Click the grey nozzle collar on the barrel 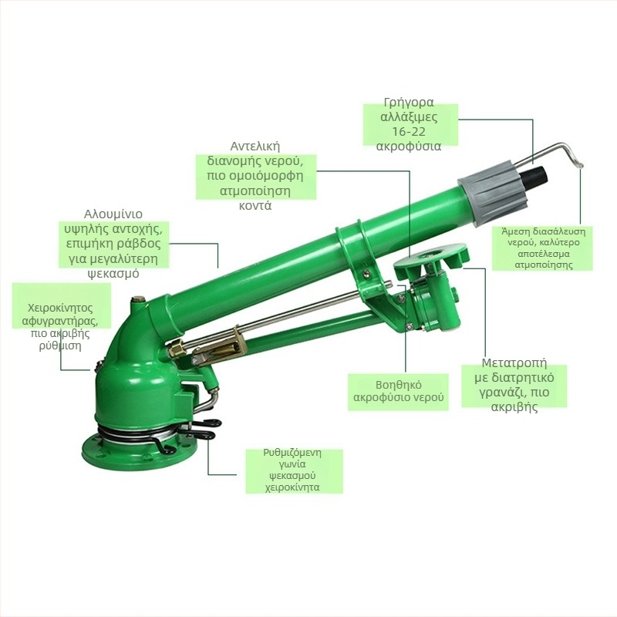[492, 193]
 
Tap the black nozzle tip [534, 177]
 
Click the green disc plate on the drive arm [431, 257]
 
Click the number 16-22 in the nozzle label [409, 132]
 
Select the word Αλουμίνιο [113, 214]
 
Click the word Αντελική [255, 147]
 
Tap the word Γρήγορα [409, 103]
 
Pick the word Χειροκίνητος [61, 308]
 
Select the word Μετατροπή [514, 362]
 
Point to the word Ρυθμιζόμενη [292, 453]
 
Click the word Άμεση [514, 231]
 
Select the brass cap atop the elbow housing [138, 300]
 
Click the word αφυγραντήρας [61, 321]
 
